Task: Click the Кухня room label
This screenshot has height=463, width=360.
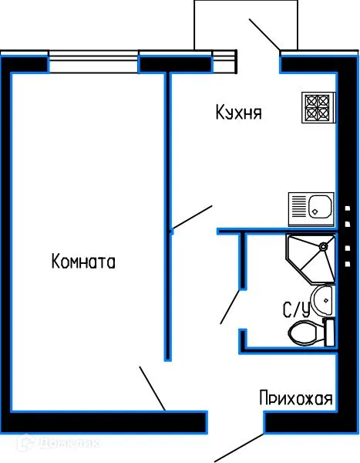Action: [x=239, y=113]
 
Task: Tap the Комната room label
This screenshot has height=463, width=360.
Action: [x=83, y=262]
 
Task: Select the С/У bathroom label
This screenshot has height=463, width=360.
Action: [x=296, y=310]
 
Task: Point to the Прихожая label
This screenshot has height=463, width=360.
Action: [x=296, y=399]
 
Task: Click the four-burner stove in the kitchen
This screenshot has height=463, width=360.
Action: [x=317, y=108]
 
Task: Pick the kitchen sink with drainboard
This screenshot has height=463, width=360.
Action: [x=311, y=207]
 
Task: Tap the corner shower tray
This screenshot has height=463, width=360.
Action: [x=308, y=259]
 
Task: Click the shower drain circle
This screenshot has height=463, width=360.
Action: [x=324, y=248]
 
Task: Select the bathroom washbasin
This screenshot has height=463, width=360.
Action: [x=324, y=299]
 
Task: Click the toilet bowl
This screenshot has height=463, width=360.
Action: [x=304, y=333]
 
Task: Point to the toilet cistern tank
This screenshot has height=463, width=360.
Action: [x=329, y=333]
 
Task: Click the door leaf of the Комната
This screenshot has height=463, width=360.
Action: [x=152, y=388]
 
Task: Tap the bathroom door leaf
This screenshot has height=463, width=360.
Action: [x=230, y=306]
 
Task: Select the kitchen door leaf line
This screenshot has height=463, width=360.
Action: [x=191, y=217]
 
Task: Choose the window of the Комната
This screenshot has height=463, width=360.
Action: [x=94, y=57]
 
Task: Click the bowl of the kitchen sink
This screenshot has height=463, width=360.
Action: [x=319, y=207]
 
